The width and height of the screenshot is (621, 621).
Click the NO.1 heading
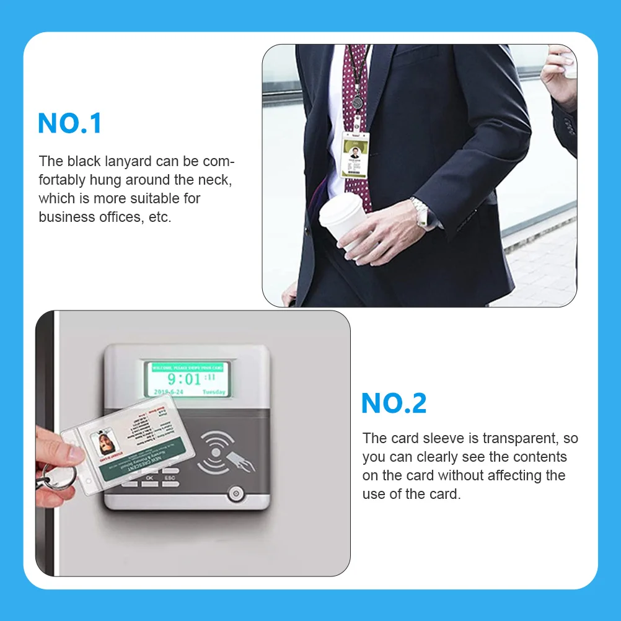pos(69,123)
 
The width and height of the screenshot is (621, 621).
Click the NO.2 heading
pos(394,403)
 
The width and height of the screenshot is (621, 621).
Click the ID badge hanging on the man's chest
pos(354,156)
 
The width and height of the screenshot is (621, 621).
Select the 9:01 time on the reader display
pos(184,379)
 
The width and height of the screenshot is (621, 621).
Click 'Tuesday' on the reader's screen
pos(213,392)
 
